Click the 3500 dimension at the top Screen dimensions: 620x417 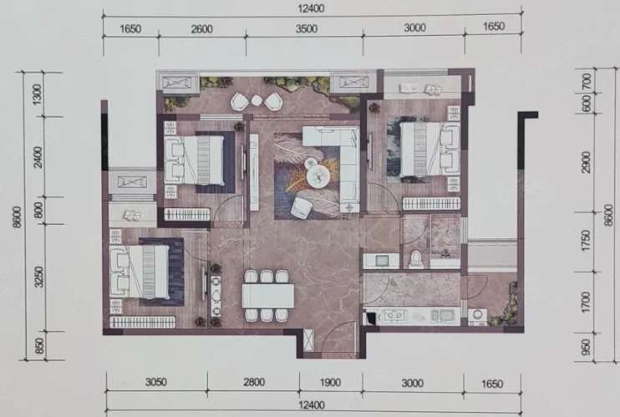307,29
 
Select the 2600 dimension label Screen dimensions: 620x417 201,29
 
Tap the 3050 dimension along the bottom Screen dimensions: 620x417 156,382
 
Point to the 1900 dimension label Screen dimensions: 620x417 330,383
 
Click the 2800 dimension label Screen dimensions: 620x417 254,382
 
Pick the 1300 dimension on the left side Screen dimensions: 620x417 37,94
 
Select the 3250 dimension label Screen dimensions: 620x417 38,277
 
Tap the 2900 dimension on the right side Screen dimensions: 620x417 587,162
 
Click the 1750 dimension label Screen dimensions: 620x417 587,241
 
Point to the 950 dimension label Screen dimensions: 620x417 587,347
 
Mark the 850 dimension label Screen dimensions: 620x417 39,346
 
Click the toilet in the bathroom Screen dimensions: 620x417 415,259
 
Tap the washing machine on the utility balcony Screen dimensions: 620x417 477,317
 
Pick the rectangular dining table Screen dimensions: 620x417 268,296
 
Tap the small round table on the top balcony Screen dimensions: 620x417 257,100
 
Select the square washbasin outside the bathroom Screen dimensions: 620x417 382,261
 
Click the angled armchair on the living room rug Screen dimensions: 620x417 301,207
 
